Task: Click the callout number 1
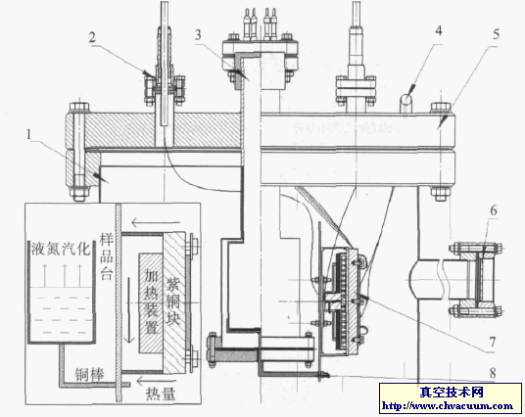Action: coord(28,134)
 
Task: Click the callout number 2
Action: coord(92,37)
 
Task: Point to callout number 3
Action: coord(198,35)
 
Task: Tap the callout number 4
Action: coord(438,30)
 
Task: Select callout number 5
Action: coord(496,34)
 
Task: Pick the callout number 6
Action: coord(494,210)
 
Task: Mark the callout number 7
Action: coord(493,342)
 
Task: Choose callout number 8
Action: coord(493,373)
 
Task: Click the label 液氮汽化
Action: coord(61,249)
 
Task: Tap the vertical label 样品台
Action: coord(107,257)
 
